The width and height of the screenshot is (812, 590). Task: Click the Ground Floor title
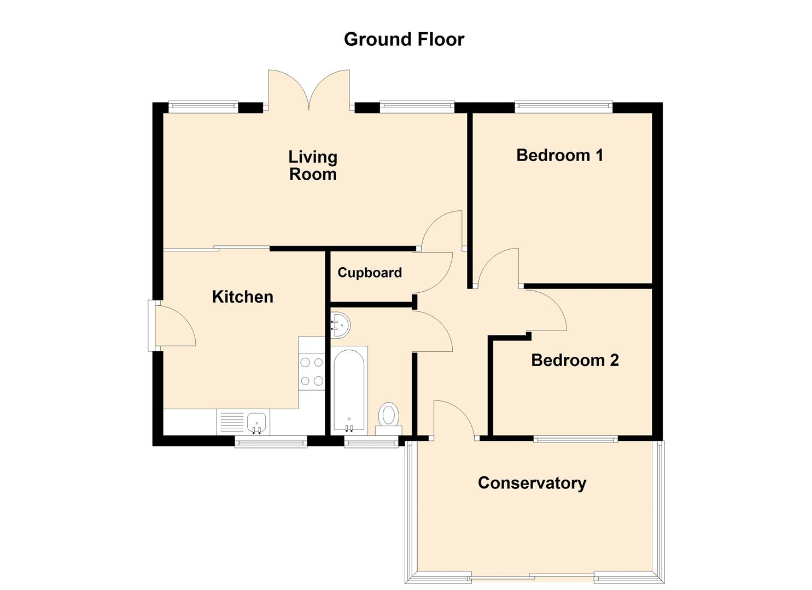point(404,39)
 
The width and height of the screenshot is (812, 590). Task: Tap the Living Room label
point(313,166)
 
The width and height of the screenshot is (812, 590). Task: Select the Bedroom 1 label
point(559,155)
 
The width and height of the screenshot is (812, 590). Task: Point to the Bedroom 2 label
point(575,361)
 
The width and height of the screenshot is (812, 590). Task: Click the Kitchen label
point(242,297)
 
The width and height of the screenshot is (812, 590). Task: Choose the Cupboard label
point(370,273)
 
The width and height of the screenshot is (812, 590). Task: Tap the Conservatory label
point(531,483)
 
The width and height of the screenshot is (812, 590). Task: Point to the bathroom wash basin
point(340,326)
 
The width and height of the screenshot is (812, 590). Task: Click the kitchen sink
point(256,422)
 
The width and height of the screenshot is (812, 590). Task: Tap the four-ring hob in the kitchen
point(312,371)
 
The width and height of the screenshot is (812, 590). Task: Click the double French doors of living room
point(309,90)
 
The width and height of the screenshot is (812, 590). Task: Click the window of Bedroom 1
point(563,107)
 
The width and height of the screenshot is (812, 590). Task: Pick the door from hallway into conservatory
point(454,418)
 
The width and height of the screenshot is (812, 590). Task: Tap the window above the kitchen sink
point(271,441)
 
